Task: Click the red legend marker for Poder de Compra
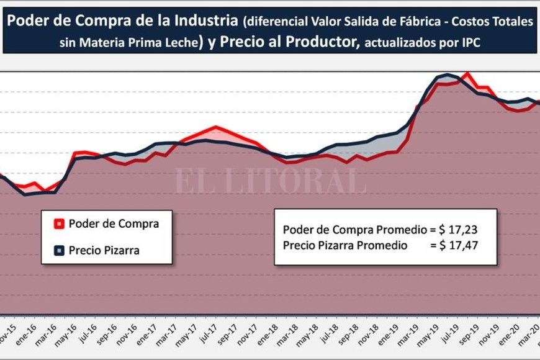coord(59,224)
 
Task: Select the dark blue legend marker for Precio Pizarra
coord(59,251)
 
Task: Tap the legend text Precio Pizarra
coord(104,251)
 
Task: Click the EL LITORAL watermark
coord(269,180)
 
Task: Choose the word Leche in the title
coord(182,43)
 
